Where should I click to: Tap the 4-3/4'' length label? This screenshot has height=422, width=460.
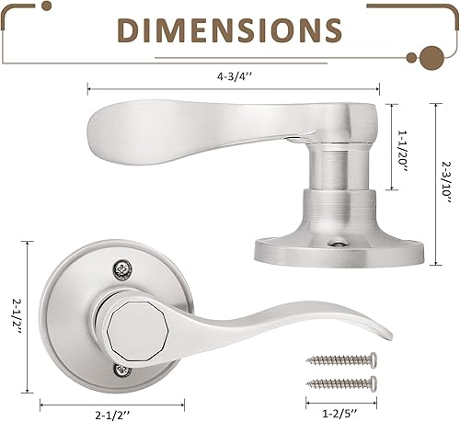[x=231, y=78]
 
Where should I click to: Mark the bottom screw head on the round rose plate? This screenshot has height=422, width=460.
[x=123, y=371]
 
